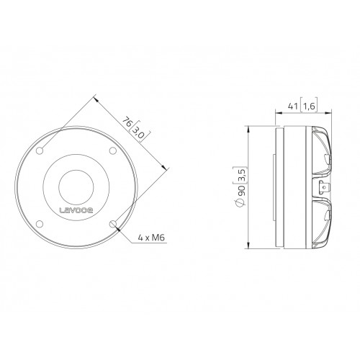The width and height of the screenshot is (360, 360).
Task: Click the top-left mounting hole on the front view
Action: click(x=40, y=150)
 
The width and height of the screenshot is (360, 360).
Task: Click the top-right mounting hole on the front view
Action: click(x=113, y=150)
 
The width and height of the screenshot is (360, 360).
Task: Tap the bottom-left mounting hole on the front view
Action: click(x=40, y=224)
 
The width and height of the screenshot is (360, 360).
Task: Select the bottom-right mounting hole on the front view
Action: click(x=113, y=224)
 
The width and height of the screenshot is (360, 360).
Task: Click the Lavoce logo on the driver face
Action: click(x=76, y=210)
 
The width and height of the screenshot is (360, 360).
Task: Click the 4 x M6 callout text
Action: click(x=151, y=238)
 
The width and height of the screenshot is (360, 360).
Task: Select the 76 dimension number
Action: click(x=127, y=122)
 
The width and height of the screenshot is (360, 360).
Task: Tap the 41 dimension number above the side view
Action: click(x=293, y=106)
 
